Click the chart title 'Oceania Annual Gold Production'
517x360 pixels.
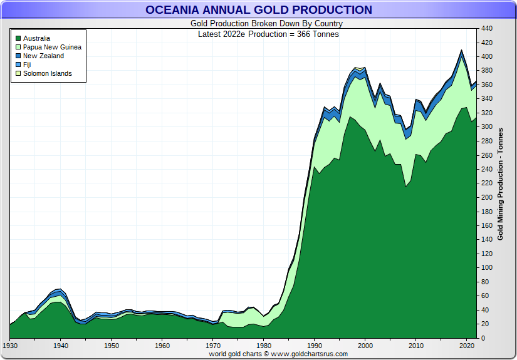point(258,10)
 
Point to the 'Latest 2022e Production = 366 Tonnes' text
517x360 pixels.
point(268,34)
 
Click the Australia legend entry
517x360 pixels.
point(36,38)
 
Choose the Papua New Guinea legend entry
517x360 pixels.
point(52,47)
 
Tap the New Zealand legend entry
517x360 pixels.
point(43,56)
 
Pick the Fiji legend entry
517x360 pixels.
point(27,64)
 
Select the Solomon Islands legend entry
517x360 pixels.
point(47,73)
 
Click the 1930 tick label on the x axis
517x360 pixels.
point(10,346)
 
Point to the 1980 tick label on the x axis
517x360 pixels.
point(264,346)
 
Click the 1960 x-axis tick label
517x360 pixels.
point(162,346)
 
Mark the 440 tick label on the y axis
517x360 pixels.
point(488,28)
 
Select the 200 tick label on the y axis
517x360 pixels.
point(488,197)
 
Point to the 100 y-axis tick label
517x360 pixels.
point(488,268)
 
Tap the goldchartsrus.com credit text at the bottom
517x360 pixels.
point(278,354)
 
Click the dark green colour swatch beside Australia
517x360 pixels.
point(18,38)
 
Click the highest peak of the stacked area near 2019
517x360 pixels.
point(462,51)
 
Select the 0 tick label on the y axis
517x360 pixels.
point(484,338)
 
